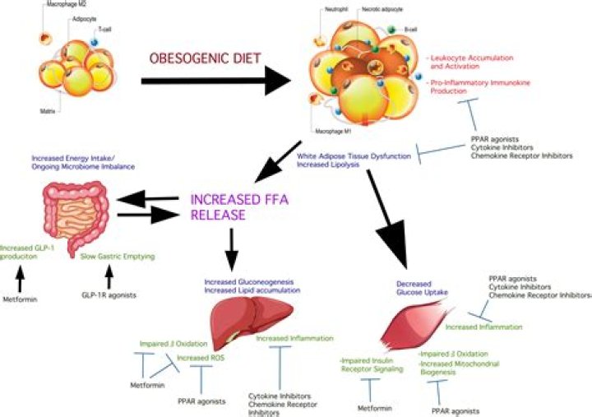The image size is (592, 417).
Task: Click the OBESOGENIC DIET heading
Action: [x=206, y=60]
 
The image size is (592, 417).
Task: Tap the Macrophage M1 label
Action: [x=336, y=129]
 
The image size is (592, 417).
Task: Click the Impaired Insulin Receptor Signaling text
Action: [x=371, y=365]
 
